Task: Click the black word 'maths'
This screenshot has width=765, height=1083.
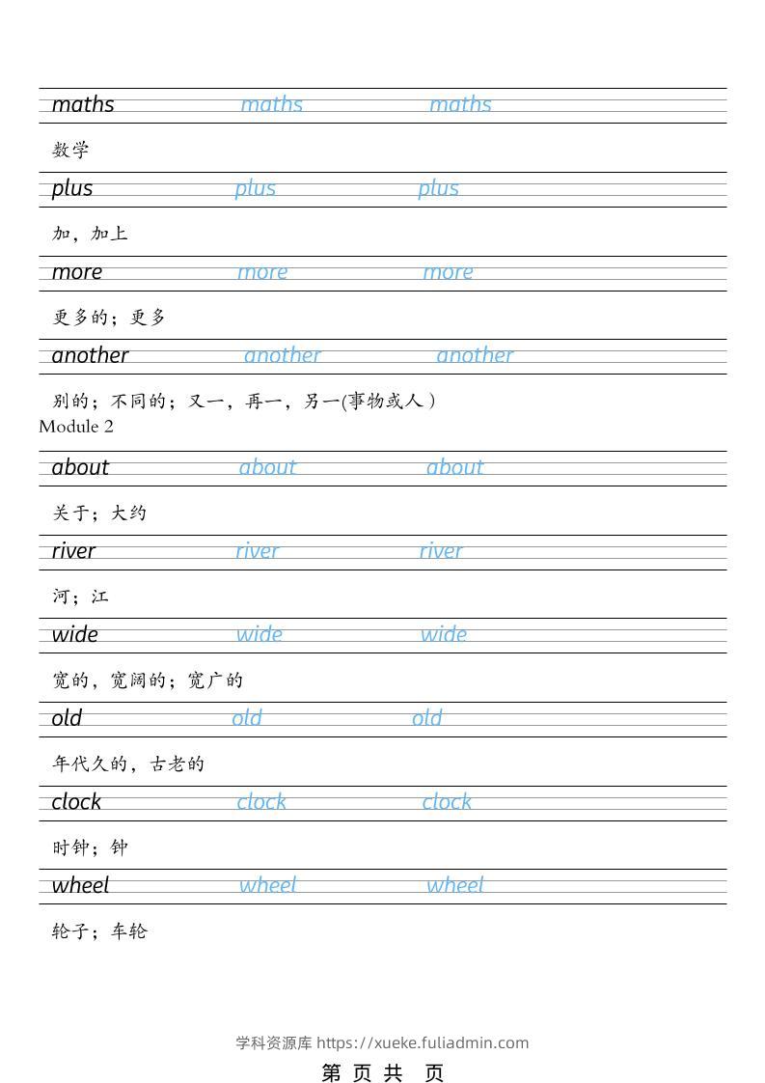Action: coord(83,104)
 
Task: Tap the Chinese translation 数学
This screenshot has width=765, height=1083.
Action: coord(70,150)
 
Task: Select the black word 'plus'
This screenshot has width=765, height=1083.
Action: coord(72,188)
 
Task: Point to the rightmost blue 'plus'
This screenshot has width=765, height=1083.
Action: coord(438,188)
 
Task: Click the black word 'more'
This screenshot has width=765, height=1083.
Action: coord(77,272)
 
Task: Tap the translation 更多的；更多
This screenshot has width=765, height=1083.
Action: coord(109,318)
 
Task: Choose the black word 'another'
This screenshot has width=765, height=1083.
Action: coord(90,355)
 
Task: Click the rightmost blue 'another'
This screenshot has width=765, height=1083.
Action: coord(475,355)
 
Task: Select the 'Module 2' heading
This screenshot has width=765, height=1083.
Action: coord(76,426)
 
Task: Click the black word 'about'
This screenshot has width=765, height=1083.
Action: coord(80,467)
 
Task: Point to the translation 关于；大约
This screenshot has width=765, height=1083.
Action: coord(99,513)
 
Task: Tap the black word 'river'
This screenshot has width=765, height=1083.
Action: coord(73,551)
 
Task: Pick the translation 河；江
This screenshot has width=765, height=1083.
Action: coord(80,597)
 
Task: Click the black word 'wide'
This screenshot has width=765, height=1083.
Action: coord(75,634)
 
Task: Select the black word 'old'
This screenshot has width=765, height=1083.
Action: coord(67,718)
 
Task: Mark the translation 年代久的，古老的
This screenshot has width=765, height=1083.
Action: coord(128,764)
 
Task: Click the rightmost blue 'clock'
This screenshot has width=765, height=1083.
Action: coord(447,802)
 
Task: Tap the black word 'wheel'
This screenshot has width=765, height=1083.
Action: coord(80,885)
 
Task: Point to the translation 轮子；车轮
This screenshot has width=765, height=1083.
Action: coord(99,931)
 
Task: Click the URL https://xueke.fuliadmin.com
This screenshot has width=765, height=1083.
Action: coord(423,1042)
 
